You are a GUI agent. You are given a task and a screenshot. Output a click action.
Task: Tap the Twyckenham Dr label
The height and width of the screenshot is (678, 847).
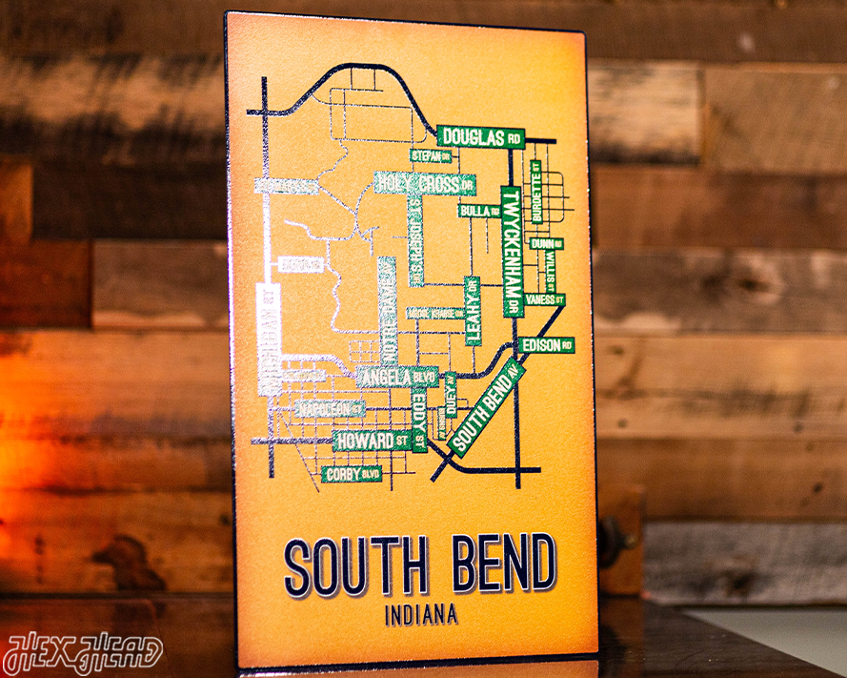point(512,252)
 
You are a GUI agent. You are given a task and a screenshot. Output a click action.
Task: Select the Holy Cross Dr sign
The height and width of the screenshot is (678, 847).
point(424,183)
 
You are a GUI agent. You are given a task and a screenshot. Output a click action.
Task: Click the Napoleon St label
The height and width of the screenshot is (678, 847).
point(330,408)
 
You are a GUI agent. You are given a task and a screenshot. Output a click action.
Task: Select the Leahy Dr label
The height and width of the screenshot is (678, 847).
point(473,310)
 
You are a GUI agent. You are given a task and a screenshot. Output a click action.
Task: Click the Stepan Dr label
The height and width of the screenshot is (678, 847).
point(430,155)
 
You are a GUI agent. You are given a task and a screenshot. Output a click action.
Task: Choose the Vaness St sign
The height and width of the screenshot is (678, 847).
point(545,299)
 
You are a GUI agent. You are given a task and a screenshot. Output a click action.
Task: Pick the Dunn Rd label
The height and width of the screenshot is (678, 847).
point(544,244)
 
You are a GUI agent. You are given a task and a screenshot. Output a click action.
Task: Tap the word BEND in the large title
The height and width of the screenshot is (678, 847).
point(503,564)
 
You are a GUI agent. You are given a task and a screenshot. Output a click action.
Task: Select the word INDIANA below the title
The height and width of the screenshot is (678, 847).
point(420,614)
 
